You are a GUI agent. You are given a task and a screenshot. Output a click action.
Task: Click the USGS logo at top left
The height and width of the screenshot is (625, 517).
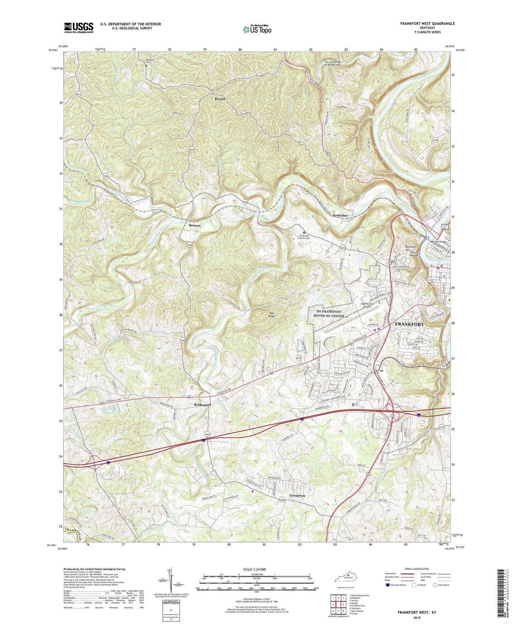click(79, 28)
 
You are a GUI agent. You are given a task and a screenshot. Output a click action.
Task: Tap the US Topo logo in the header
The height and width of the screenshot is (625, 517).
click(257, 29)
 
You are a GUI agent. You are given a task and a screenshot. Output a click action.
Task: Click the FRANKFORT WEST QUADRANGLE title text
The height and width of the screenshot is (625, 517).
click(427, 24)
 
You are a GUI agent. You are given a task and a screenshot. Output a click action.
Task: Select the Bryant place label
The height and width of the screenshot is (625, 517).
click(220, 99)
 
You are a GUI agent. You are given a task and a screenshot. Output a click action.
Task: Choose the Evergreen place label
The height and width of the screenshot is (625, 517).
click(297, 495)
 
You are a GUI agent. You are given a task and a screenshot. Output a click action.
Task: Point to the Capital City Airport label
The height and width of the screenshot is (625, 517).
click(367, 305)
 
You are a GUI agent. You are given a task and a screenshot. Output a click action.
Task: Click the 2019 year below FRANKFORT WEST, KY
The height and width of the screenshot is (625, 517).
click(417, 617)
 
